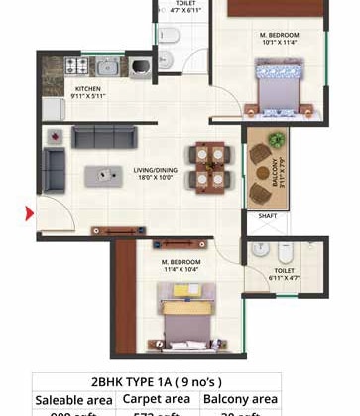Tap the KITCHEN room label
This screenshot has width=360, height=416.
[x=89, y=88]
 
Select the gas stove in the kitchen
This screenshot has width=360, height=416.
[x=76, y=67]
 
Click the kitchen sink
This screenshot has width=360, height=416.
[x=106, y=68]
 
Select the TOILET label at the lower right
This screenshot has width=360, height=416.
[x=284, y=269]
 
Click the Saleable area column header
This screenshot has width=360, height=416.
[x=74, y=399]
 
